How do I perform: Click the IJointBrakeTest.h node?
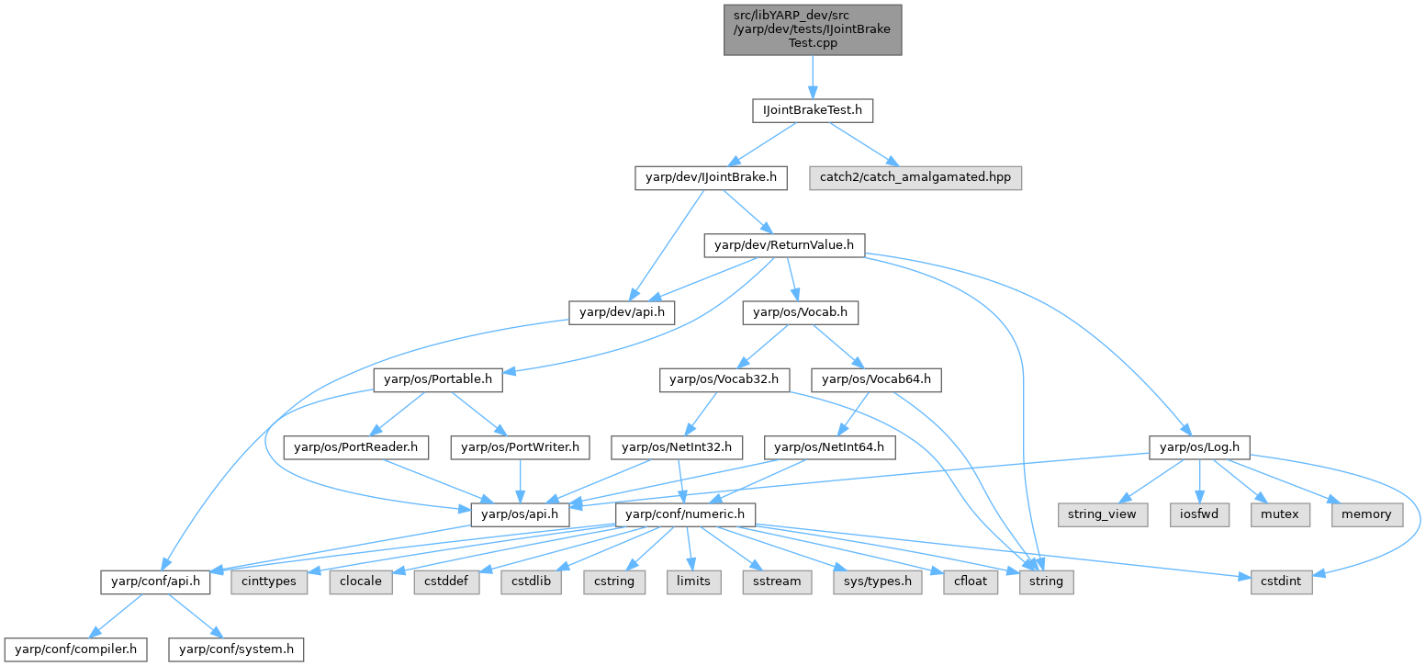[807, 111]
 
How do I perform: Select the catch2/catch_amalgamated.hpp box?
[915, 177]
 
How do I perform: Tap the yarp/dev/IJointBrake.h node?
[711, 177]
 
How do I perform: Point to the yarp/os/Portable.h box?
[439, 379]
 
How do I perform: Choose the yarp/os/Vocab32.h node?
[724, 379]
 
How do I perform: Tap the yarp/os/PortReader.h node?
[356, 447]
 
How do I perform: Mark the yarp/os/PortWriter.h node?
[520, 447]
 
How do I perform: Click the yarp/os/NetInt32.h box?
[678, 447]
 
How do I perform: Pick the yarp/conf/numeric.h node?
[684, 514]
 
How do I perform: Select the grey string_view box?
[1102, 514]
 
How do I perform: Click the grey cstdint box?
[1275, 581]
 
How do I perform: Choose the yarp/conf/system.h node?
[235, 649]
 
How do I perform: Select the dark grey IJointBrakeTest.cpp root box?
[813, 29]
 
